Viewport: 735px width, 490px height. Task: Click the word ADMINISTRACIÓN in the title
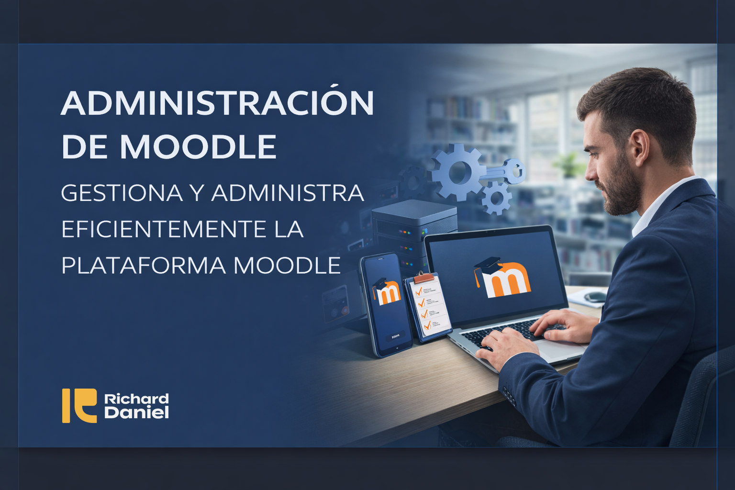217,103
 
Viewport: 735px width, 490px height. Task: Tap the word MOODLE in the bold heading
198,146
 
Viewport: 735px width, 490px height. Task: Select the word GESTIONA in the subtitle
122,193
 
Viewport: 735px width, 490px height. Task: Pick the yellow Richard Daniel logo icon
79,405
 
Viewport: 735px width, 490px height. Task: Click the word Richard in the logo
136,399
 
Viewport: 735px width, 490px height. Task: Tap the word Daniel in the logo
136,412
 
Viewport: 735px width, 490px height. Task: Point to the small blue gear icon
496,197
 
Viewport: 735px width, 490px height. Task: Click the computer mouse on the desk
594,297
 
